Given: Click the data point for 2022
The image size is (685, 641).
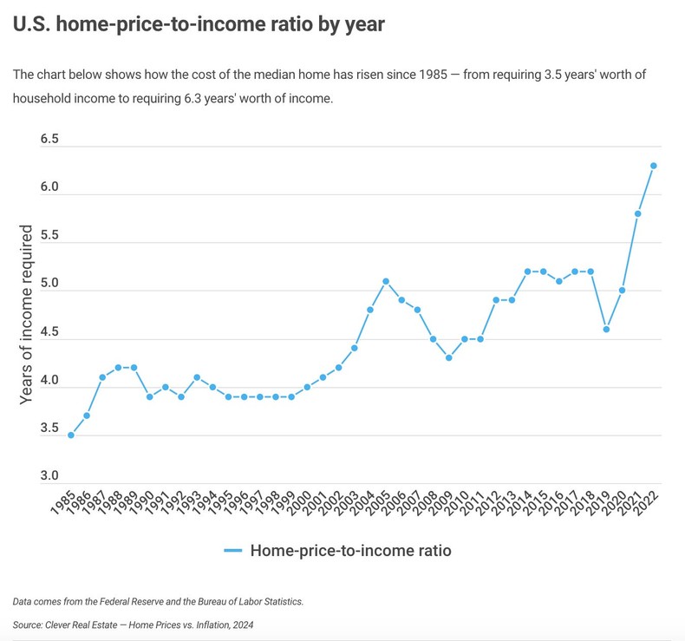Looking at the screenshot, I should click(x=654, y=166).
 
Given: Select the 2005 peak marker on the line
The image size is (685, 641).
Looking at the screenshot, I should click(x=386, y=281).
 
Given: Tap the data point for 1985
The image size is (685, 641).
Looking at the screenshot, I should click(x=71, y=435).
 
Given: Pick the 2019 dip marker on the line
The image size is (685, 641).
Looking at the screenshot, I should click(x=606, y=330).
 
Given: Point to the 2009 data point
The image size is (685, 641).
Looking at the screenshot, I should click(x=448, y=358).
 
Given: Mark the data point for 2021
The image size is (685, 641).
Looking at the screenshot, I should click(x=638, y=213).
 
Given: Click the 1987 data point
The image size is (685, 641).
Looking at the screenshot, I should click(x=102, y=377).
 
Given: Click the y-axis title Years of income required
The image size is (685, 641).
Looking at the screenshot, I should click(x=27, y=314).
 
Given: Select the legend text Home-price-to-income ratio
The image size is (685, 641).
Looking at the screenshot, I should click(x=350, y=551).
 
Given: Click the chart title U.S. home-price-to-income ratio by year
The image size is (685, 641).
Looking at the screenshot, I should click(x=199, y=24).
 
